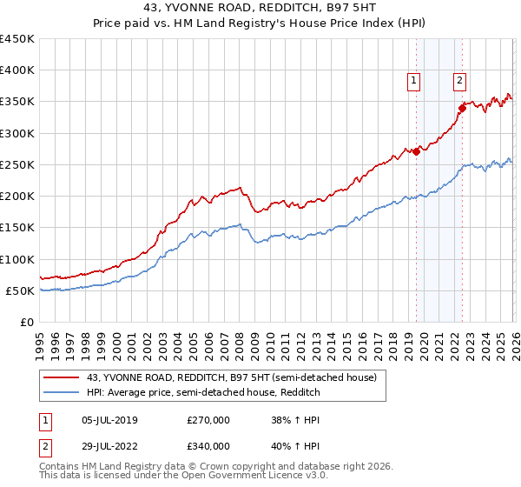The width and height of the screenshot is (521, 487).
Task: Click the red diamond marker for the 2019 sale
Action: pyautogui.click(x=416, y=151)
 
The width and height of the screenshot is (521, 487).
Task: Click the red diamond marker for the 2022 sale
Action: pyautogui.click(x=463, y=108)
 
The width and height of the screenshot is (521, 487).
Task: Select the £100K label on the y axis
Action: pyautogui.click(x=17, y=259)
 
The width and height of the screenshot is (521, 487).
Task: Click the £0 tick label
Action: pyautogui.click(x=26, y=322)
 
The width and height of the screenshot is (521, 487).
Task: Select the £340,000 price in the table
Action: pyautogui.click(x=208, y=446)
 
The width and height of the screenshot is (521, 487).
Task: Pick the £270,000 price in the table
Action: pyautogui.click(x=208, y=421)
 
